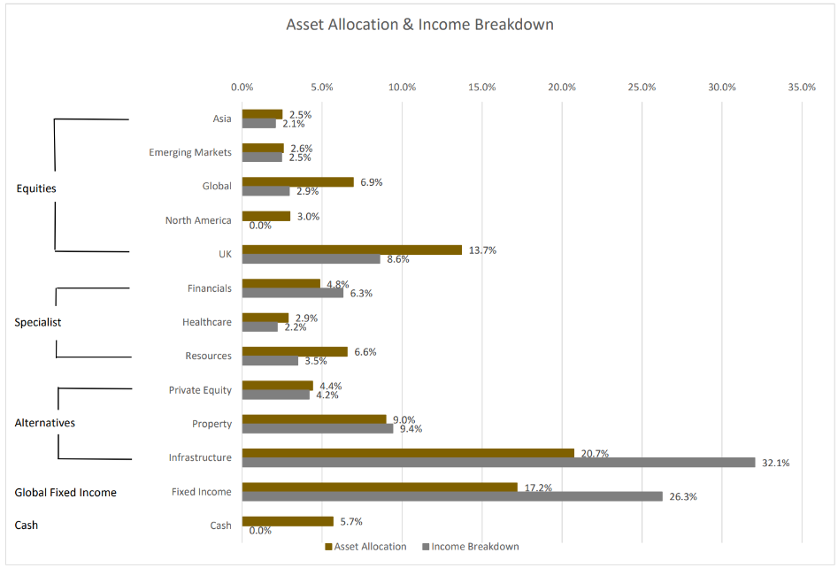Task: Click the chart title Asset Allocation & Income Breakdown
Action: click(419, 25)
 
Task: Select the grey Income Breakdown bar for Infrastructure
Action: click(498, 462)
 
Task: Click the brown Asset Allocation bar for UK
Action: click(351, 249)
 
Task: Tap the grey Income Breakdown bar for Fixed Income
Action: click(451, 496)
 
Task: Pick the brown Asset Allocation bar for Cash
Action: click(287, 521)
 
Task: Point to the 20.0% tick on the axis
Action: click(562, 87)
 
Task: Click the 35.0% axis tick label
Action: click(802, 87)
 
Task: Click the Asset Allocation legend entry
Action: click(371, 547)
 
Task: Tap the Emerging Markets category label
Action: click(190, 152)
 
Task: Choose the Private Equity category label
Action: click(200, 390)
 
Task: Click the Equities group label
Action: click(36, 188)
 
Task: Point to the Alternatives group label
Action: click(45, 423)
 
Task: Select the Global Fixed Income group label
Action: click(65, 492)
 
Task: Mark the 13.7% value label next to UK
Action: click(481, 250)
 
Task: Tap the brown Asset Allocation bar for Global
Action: click(297, 181)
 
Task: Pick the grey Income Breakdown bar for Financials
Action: click(292, 293)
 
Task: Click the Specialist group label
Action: click(38, 322)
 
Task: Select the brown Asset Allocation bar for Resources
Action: click(295, 351)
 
